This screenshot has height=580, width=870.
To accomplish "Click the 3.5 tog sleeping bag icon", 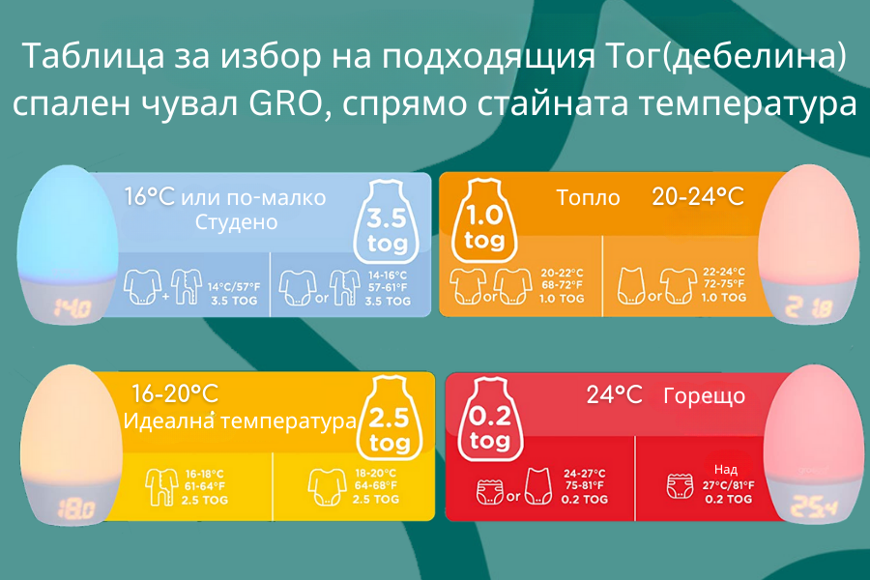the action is pos(387,222).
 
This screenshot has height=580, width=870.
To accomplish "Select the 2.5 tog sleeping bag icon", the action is pos(389,418).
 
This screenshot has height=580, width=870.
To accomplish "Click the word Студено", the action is pos(237,222).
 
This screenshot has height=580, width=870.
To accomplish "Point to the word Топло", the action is pos(588,197).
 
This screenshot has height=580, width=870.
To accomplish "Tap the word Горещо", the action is pos(704,396).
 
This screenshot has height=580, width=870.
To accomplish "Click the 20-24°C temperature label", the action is pos(697,197).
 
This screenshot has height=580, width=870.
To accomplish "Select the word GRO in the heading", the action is pos(285,103).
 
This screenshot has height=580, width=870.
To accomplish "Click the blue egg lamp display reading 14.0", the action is pos(72,308).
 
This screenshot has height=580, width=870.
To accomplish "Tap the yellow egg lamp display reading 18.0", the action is pos(76,509).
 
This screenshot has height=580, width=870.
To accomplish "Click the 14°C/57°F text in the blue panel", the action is pos(234,287).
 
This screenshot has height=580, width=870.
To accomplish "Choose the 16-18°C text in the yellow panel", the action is pos(204,475).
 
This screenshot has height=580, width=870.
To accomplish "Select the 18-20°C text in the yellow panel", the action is pos(376,474).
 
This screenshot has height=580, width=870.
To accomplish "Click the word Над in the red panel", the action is pos(726,470).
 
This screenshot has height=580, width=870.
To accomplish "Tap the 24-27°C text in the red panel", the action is pos(585,474).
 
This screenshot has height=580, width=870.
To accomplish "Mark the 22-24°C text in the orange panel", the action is pos(724,272).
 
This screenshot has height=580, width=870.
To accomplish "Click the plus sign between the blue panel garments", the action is pos(166,297).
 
